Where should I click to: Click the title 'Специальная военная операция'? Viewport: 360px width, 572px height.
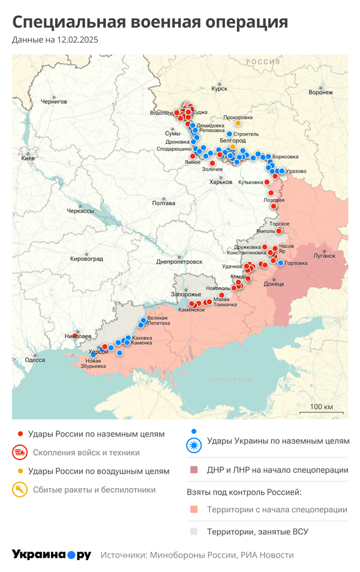(x=150, y=22)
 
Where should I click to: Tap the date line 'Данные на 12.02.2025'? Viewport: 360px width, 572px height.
(x=55, y=40)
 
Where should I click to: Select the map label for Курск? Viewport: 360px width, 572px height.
(x=220, y=89)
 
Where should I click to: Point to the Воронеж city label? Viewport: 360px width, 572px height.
(x=320, y=92)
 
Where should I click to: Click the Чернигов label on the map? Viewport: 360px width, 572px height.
(x=54, y=102)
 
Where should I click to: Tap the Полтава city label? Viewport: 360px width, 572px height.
(x=164, y=203)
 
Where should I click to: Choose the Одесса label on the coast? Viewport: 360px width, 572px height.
(x=35, y=360)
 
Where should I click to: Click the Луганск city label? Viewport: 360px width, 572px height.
(x=325, y=255)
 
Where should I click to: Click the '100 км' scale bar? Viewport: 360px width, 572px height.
(x=321, y=408)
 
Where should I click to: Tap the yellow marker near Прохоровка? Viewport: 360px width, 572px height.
(x=238, y=124)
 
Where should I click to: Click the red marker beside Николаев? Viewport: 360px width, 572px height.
(x=76, y=336)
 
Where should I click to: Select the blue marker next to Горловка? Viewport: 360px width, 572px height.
(x=281, y=263)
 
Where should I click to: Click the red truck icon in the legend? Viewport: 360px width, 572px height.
(x=20, y=453)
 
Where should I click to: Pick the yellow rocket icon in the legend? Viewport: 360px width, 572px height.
(x=20, y=490)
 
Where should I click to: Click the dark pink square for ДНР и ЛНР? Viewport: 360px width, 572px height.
(x=193, y=470)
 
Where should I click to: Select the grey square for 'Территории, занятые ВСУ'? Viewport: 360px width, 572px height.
(x=193, y=531)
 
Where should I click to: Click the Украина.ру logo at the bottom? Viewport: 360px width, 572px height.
(x=52, y=555)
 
